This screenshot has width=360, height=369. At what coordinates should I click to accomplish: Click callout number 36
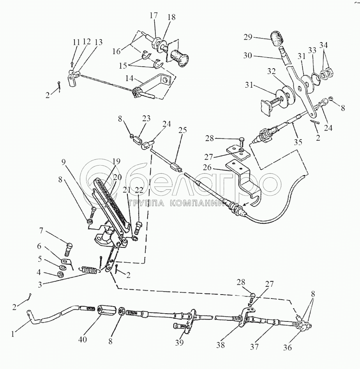click(x=287, y=348)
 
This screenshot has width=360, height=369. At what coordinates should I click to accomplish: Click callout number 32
click(x=271, y=72)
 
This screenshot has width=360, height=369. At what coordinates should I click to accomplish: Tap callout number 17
click(x=153, y=16)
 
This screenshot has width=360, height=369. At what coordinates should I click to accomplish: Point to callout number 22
click(x=139, y=190)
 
